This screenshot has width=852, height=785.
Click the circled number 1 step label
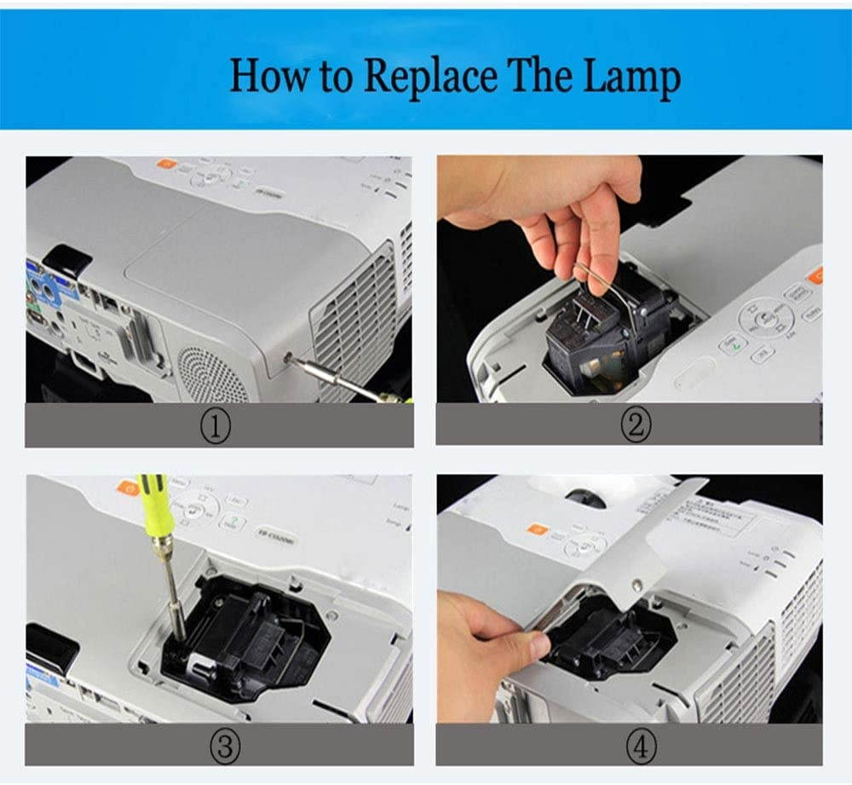219,425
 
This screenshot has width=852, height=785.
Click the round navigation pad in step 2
766,318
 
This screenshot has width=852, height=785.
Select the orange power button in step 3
129,488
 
